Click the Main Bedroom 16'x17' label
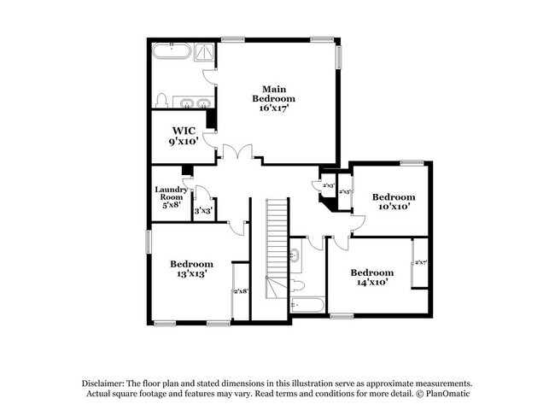[x=273, y=98]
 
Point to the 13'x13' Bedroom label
[x=191, y=269]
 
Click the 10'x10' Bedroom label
[x=394, y=201]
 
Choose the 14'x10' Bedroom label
[x=371, y=277]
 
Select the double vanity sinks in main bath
[x=194, y=103]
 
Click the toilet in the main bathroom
[x=161, y=99]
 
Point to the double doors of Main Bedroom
[x=235, y=153]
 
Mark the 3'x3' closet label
[x=203, y=210]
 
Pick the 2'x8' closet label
[x=241, y=291]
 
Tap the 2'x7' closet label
[x=420, y=263]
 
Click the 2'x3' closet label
[x=328, y=184]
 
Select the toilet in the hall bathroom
[x=297, y=284]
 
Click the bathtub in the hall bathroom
[x=307, y=304]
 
